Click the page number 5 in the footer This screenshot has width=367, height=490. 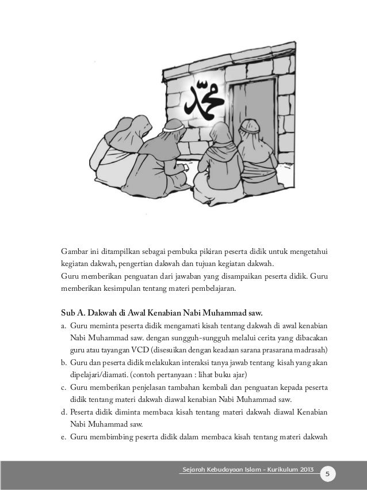click(327, 474)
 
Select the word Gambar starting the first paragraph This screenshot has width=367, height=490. click(75, 251)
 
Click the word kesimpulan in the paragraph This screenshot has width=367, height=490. click(135, 288)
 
